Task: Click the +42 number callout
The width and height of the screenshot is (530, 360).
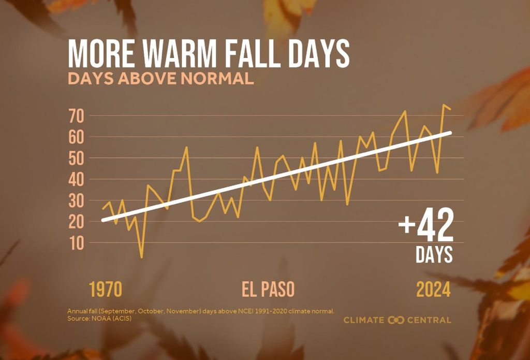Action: pos(425,225)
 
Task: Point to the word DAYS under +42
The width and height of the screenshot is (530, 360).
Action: pos(434,254)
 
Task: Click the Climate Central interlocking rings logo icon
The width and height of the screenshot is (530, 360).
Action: pos(396,320)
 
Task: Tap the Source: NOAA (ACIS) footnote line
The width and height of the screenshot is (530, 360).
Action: pos(99,318)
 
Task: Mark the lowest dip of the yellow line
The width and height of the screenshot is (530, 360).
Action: pos(141,257)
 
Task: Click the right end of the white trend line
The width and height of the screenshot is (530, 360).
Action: pos(450,133)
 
